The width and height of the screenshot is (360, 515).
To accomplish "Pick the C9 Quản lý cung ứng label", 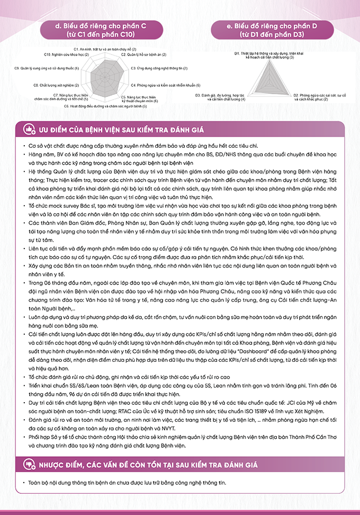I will pos(47,68).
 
